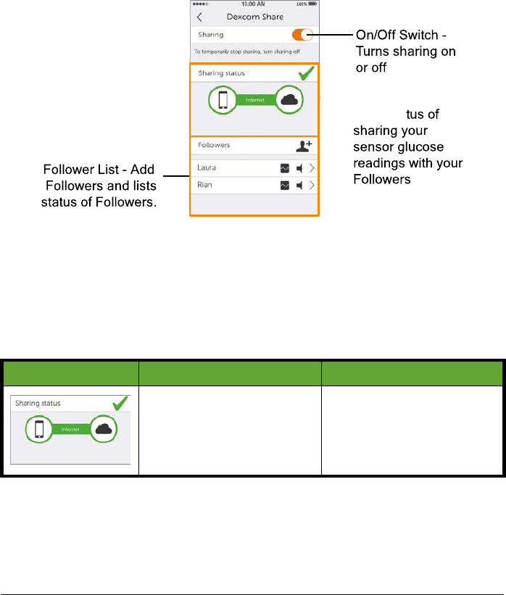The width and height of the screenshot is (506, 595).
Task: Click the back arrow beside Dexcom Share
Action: (199, 17)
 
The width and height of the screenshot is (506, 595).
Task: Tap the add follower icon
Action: (304, 146)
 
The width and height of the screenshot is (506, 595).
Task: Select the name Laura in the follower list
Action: (207, 168)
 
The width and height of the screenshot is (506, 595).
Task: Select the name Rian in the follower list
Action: (206, 186)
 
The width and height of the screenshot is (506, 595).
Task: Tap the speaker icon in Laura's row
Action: (298, 168)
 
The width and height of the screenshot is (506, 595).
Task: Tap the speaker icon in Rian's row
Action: (298, 186)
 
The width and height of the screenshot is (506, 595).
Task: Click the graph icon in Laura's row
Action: (284, 168)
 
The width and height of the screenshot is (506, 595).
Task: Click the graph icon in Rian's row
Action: (284, 186)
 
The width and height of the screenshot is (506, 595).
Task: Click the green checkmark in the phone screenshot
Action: (306, 73)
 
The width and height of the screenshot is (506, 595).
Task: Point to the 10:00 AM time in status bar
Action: (254, 4)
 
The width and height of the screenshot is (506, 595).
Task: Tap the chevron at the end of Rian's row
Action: (312, 186)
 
